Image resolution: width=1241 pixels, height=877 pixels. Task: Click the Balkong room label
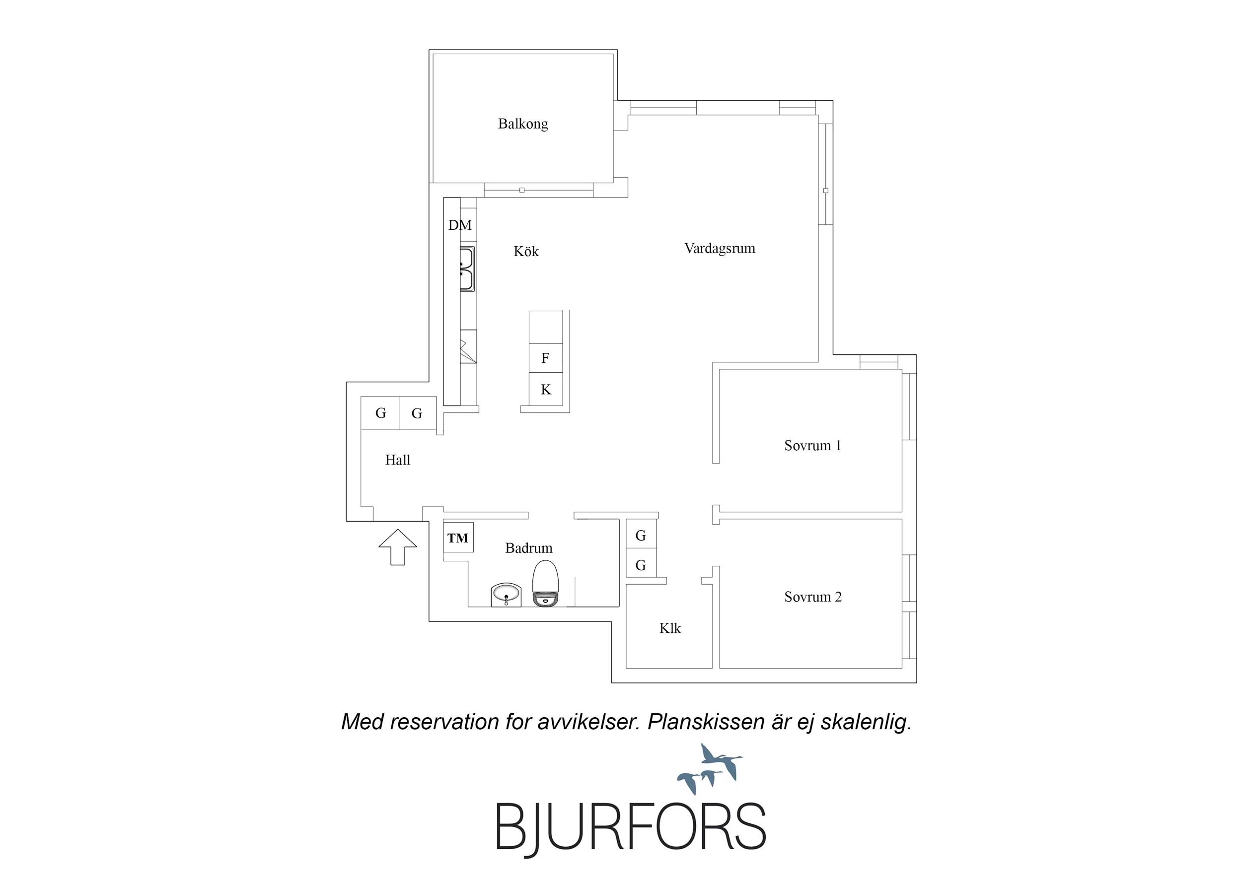coord(522,124)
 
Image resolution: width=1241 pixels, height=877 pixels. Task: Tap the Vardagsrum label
coord(720,248)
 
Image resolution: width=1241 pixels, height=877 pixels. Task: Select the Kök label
coord(526,251)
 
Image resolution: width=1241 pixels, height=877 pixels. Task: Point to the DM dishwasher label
coord(460,225)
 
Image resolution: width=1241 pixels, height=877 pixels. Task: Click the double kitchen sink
coord(467,269)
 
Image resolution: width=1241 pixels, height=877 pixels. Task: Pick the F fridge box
coord(545,358)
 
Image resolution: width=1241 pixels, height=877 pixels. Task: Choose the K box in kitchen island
coord(545,389)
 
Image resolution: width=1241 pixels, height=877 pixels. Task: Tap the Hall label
coord(397,460)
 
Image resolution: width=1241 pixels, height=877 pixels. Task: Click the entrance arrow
coord(398,547)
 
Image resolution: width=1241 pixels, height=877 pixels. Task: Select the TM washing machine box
coord(458,538)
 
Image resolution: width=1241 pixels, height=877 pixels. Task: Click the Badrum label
coord(528,548)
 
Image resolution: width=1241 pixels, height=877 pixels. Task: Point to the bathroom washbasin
coord(507,595)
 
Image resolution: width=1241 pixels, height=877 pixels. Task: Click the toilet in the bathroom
coord(545,584)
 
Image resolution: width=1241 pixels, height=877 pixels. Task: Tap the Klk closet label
coord(670,628)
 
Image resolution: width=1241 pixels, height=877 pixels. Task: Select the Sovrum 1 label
coord(812,445)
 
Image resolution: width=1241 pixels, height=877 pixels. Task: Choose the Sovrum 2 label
coord(813,597)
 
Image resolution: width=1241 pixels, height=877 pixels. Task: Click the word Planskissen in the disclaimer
coord(707,722)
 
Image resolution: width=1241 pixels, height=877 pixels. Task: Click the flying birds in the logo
coord(710,766)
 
